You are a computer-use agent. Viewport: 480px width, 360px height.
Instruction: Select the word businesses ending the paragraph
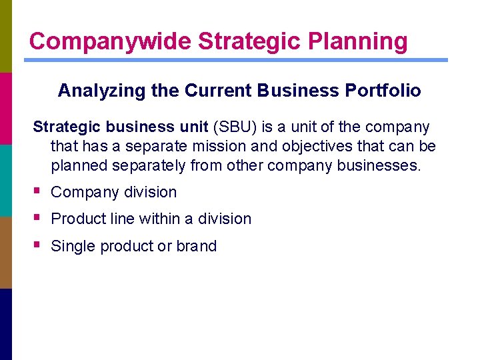380,165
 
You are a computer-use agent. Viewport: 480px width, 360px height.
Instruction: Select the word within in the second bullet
163,219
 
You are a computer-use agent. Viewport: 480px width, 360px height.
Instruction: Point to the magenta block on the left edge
6,109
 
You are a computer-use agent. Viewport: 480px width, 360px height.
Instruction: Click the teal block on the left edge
6,181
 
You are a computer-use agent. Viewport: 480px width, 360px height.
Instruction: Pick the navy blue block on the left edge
6,324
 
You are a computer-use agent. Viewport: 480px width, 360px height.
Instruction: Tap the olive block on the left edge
6,36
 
